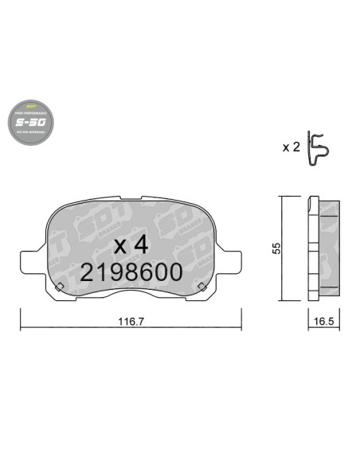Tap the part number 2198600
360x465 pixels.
point(131,272)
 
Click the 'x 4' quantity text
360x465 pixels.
point(131,244)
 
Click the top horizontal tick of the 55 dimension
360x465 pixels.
point(283,197)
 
